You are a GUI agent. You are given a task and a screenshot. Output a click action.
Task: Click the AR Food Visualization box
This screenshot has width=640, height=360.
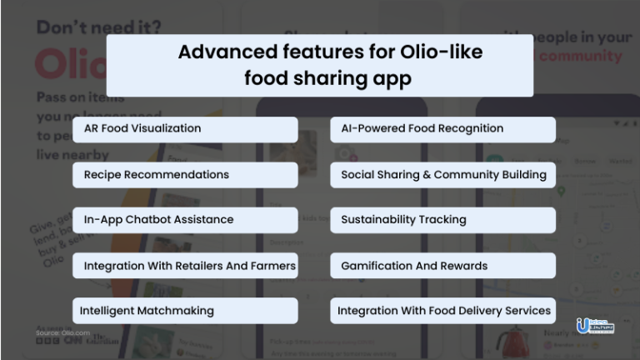(x=185, y=129)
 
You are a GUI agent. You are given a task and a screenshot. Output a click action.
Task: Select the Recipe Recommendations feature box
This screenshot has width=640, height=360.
(x=185, y=175)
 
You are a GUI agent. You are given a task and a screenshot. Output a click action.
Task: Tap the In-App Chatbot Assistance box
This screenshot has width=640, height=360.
(x=185, y=220)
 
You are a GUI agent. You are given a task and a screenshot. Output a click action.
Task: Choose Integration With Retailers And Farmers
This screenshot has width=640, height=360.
(x=185, y=266)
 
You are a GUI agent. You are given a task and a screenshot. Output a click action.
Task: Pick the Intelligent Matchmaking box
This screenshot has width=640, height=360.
(x=185, y=311)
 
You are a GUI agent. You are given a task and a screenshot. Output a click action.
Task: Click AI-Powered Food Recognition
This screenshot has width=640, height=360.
(x=442, y=129)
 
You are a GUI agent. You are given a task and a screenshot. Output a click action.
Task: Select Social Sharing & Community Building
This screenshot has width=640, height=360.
(x=442, y=175)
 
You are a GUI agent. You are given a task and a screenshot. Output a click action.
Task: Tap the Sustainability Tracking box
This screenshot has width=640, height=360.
(x=442, y=220)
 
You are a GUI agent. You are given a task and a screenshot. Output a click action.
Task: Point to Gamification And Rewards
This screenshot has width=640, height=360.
(x=442, y=266)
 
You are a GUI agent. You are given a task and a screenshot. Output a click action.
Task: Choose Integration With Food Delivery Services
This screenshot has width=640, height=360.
(x=442, y=311)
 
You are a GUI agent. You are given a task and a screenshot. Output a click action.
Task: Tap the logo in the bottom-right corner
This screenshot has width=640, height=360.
(x=594, y=326)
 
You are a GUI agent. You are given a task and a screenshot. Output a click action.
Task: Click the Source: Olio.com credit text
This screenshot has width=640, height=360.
(x=62, y=333)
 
